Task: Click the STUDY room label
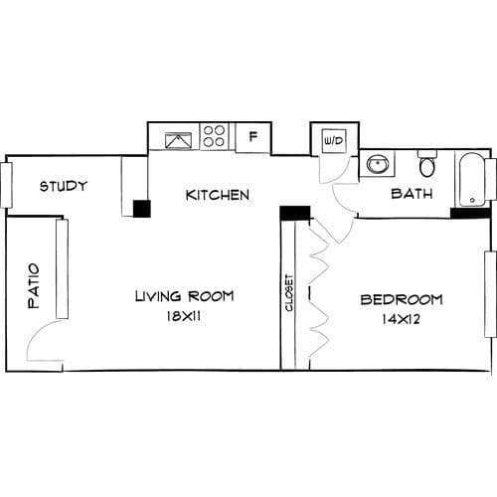(63, 186)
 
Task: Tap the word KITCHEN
(218, 195)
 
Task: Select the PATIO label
(34, 286)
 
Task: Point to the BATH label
(412, 194)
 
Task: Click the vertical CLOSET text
(289, 293)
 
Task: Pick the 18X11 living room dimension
(184, 316)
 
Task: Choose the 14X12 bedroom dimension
(402, 319)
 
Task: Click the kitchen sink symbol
(178, 140)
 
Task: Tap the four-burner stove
(214, 136)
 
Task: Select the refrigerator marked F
(253, 137)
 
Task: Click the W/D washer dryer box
(334, 141)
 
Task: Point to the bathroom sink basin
(378, 164)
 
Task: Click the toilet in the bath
(427, 164)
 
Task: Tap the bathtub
(472, 180)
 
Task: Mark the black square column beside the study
(142, 209)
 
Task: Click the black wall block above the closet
(295, 213)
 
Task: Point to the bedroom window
(491, 294)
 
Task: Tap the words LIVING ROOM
(185, 296)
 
